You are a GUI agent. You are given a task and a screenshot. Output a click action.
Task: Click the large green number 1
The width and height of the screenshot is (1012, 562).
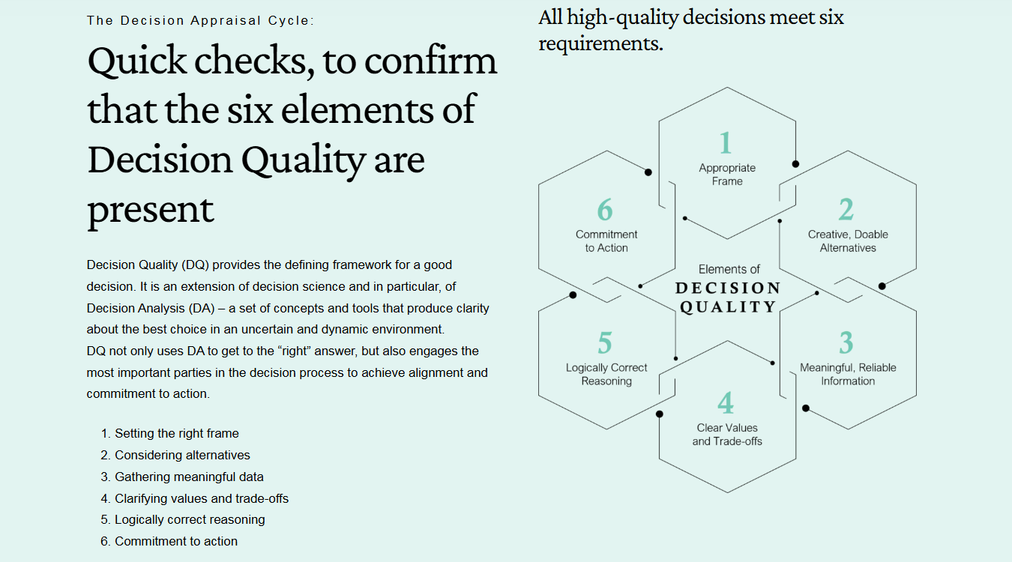pyautogui.click(x=725, y=143)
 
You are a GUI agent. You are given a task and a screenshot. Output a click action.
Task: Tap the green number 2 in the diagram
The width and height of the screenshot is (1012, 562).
pyautogui.click(x=846, y=210)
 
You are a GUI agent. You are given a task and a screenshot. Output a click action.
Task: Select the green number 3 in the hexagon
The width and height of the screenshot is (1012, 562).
pyautogui.click(x=846, y=343)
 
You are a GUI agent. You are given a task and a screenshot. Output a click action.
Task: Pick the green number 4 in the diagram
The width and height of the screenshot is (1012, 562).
pyautogui.click(x=726, y=404)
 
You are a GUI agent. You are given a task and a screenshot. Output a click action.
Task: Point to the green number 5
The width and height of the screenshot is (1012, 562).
pyautogui.click(x=605, y=343)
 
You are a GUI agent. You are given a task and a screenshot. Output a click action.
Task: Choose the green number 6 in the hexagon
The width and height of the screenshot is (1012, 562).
pyautogui.click(x=605, y=210)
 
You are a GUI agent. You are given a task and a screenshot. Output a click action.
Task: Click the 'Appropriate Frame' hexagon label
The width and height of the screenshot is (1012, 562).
pyautogui.click(x=727, y=175)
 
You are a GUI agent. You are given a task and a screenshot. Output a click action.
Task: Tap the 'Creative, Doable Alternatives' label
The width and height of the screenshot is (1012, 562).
pyautogui.click(x=848, y=241)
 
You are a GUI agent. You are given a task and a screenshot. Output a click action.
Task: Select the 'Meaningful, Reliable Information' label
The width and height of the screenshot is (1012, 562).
pyautogui.click(x=848, y=375)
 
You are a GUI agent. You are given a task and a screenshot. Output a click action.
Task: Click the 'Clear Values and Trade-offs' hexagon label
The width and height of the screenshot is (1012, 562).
pyautogui.click(x=727, y=435)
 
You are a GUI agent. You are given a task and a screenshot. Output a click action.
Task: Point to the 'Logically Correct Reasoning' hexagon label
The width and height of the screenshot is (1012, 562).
pyautogui.click(x=606, y=375)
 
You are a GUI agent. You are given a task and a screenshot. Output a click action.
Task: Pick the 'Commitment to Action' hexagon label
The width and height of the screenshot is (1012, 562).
pyautogui.click(x=606, y=241)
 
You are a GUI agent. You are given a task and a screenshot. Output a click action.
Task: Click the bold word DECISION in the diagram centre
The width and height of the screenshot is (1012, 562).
pyautogui.click(x=728, y=288)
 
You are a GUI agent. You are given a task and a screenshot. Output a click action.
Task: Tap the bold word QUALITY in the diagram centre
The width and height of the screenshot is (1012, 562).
pyautogui.click(x=728, y=307)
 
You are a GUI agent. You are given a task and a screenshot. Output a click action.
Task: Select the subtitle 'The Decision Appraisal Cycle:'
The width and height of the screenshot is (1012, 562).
pyautogui.click(x=201, y=20)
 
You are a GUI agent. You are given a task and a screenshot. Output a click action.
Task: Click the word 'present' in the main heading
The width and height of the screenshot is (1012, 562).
pyautogui.click(x=151, y=208)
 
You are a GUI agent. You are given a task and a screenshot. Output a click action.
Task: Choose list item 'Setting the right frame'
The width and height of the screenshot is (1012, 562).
pyautogui.click(x=177, y=433)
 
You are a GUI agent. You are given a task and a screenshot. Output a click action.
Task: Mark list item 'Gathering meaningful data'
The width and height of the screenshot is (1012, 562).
pyautogui.click(x=189, y=477)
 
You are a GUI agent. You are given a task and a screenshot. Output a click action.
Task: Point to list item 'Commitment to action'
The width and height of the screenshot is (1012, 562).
pyautogui.click(x=176, y=541)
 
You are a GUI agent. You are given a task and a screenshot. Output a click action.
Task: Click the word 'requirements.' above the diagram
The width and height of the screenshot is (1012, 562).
pyautogui.click(x=600, y=43)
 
